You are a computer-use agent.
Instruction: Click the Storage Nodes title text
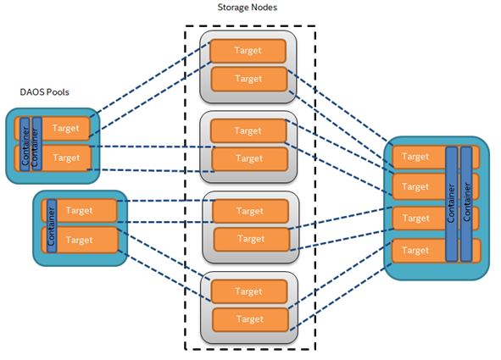(x=247, y=8)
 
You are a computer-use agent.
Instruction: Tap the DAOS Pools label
(x=44, y=92)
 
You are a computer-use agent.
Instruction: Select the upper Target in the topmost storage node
(x=248, y=51)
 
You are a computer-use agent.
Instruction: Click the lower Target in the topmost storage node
(x=249, y=79)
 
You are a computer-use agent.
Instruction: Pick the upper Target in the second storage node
(x=248, y=130)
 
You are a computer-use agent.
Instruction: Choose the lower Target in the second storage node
(x=249, y=158)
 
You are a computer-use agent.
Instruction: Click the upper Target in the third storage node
(x=250, y=211)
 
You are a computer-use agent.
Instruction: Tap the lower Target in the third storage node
(x=252, y=239)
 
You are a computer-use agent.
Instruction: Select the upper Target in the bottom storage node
(x=249, y=291)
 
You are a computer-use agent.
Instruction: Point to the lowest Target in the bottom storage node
(x=250, y=319)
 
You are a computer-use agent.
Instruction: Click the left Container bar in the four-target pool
(x=452, y=204)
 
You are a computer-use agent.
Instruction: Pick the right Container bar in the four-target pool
(x=466, y=204)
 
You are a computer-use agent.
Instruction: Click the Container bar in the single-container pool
(x=52, y=226)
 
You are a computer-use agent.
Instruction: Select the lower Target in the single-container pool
(x=80, y=240)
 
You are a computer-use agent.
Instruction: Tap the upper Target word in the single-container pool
(x=79, y=211)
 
